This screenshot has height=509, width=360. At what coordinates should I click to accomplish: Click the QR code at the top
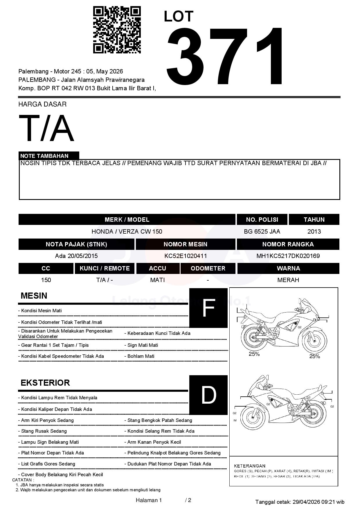[x=117, y=30]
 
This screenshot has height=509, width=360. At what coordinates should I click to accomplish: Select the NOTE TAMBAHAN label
[x=44, y=156]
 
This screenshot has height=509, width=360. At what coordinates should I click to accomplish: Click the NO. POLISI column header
[x=262, y=220]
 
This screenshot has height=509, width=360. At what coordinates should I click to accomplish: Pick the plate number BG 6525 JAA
[x=262, y=232]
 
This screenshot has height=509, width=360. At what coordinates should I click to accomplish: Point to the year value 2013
[x=314, y=232]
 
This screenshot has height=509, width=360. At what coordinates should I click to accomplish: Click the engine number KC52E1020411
[x=186, y=256]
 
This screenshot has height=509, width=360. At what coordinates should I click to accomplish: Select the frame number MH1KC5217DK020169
[x=288, y=256]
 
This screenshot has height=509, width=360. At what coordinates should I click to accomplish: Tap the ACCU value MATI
[x=157, y=280]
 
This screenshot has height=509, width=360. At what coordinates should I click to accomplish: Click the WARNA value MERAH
[x=288, y=280]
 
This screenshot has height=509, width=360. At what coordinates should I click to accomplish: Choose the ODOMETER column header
[x=208, y=268]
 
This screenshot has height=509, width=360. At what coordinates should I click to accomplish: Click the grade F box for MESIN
[x=208, y=308]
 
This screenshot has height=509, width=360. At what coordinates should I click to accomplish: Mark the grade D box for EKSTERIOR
[x=208, y=395]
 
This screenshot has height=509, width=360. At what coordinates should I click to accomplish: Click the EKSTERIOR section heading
[x=45, y=383]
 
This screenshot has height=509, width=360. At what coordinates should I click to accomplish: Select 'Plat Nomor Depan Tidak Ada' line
[x=52, y=453]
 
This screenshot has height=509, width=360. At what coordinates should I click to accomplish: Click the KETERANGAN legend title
[x=249, y=466]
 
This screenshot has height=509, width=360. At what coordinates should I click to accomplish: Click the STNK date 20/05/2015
[x=82, y=256]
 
